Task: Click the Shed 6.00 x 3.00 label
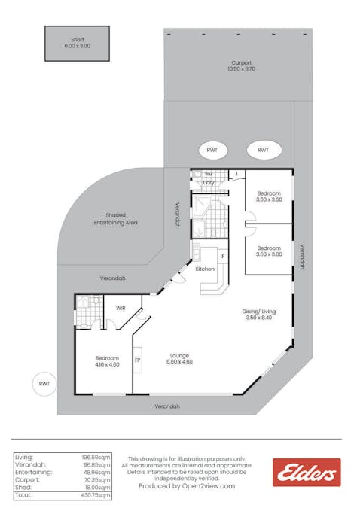[x=77, y=42]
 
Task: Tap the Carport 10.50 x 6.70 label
[x=241, y=66]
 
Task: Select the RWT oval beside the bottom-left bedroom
[x=44, y=384]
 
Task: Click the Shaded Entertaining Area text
[x=115, y=219]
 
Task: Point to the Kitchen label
[x=206, y=269]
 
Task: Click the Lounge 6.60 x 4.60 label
[x=178, y=359]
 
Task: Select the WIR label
[x=121, y=309]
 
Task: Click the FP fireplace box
[x=137, y=360]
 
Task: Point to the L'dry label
[x=209, y=183]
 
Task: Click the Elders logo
[x=306, y=473]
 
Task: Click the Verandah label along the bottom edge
[x=167, y=406]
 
